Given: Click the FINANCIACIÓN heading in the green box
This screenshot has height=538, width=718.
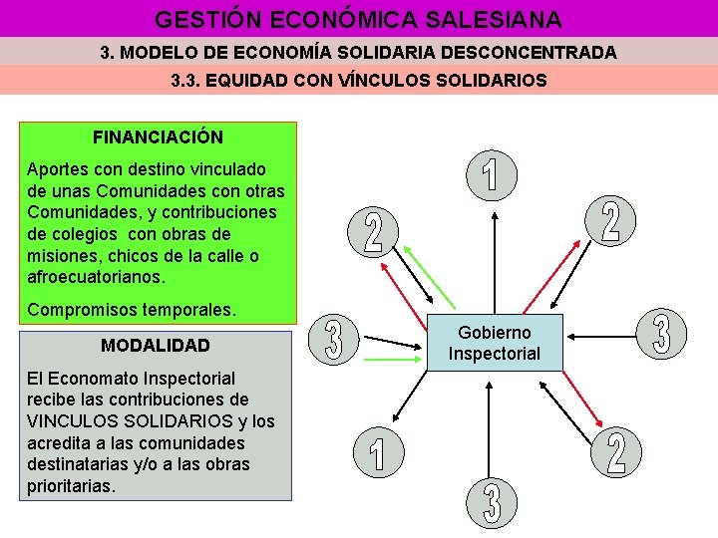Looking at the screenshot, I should pyautogui.click(x=158, y=136).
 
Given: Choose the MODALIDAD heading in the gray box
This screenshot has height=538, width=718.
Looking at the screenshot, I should pyautogui.click(x=156, y=346).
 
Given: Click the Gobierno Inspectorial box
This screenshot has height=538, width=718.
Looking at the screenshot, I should pyautogui.click(x=495, y=343).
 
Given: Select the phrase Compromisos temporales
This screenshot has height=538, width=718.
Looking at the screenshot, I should pyautogui.click(x=133, y=310).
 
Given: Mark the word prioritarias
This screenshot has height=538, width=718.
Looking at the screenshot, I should pyautogui.click(x=72, y=487).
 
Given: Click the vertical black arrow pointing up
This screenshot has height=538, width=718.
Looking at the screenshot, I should pyautogui.click(x=495, y=259).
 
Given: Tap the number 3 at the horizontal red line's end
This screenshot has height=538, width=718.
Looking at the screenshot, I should pyautogui.click(x=660, y=335).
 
